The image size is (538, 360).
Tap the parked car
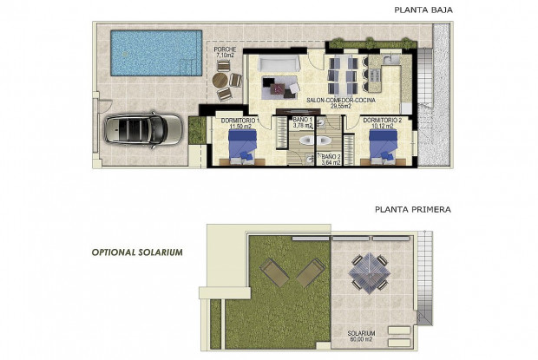pos(144,131)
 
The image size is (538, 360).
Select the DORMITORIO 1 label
pos(240,120)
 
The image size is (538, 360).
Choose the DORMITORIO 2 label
pos(383,120)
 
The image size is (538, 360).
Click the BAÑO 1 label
pos(302,120)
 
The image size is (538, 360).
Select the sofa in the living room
pos(281,63)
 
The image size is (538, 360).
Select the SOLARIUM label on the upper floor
pos(363,333)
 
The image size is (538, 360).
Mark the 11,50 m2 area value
pos(240,127)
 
